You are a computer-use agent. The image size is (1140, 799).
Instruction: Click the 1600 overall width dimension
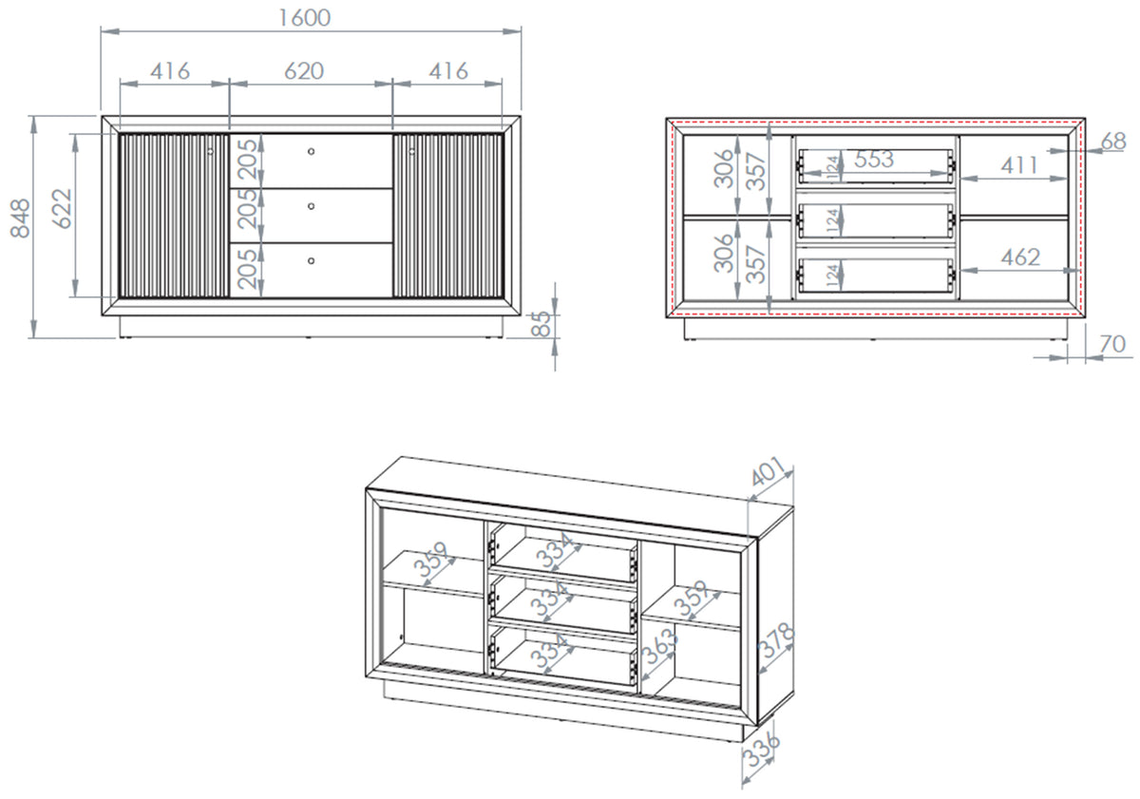click(x=305, y=18)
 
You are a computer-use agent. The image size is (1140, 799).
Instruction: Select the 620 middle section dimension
click(x=304, y=71)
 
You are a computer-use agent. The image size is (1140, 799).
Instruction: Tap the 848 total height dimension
click(x=20, y=219)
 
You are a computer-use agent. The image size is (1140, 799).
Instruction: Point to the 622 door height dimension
click(x=62, y=209)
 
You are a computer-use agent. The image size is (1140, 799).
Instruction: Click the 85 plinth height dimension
click(x=541, y=324)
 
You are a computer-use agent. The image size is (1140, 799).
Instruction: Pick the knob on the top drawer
click(x=311, y=151)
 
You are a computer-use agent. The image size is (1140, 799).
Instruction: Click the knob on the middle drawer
click(x=311, y=206)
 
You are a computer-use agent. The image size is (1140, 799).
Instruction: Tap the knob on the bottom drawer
click(x=311, y=261)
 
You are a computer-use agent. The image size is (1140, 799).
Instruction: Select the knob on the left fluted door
click(x=211, y=151)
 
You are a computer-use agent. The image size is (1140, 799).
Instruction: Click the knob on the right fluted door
click(x=411, y=151)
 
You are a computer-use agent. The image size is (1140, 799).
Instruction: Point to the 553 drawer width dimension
click(x=874, y=160)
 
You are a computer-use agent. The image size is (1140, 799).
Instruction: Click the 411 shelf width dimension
click(x=1018, y=165)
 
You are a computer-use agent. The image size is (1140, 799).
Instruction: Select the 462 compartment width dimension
click(x=1020, y=257)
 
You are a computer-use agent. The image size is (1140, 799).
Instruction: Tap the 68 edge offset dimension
click(x=1113, y=142)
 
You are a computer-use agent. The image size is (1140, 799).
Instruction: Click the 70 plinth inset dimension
click(x=1112, y=345)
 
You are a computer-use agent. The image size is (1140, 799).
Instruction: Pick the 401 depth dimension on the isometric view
click(x=769, y=471)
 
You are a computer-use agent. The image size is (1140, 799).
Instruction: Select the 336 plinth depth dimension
click(x=761, y=751)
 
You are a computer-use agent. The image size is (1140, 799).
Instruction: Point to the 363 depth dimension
click(x=660, y=646)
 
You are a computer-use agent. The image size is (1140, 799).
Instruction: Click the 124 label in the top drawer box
click(x=832, y=167)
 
